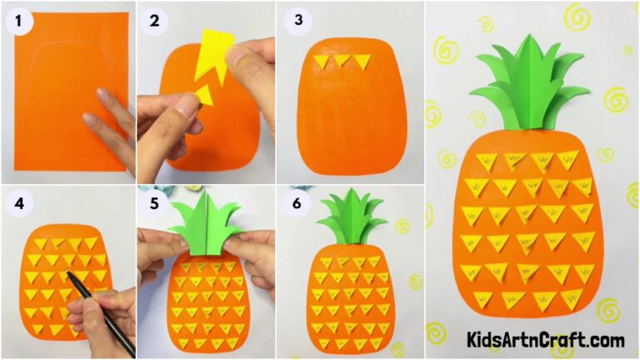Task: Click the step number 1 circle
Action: [x=18, y=23]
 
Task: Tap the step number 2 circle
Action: [x=153, y=23]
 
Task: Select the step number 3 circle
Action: [x=293, y=23]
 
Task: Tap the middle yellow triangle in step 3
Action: [x=342, y=62]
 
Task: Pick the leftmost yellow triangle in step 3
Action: [x=323, y=61]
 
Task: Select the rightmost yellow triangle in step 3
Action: [x=362, y=62]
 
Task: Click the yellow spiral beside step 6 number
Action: [x=402, y=226]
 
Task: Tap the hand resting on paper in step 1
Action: [x=112, y=125]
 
